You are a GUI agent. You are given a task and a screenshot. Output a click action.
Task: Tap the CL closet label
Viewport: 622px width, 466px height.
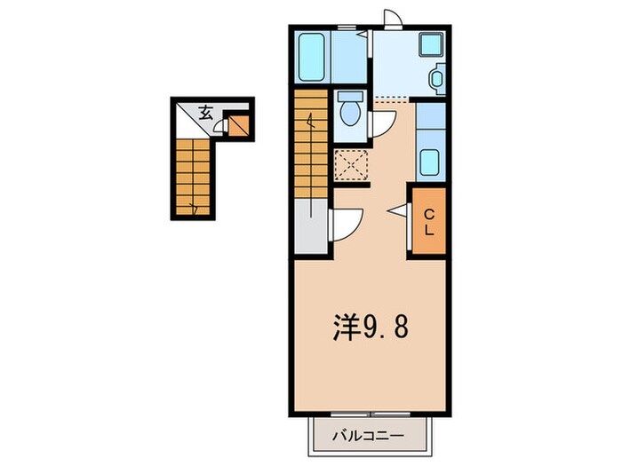427,221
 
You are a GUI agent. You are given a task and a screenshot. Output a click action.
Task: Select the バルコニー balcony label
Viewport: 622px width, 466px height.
369,436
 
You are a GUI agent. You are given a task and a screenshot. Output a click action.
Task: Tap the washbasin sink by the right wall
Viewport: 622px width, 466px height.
435,79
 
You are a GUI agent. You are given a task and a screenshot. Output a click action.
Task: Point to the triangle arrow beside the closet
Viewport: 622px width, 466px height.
396,211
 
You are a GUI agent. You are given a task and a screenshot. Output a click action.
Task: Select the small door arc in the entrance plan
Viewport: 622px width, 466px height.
220,126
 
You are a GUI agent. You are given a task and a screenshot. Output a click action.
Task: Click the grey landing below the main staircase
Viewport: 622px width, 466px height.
311,232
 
